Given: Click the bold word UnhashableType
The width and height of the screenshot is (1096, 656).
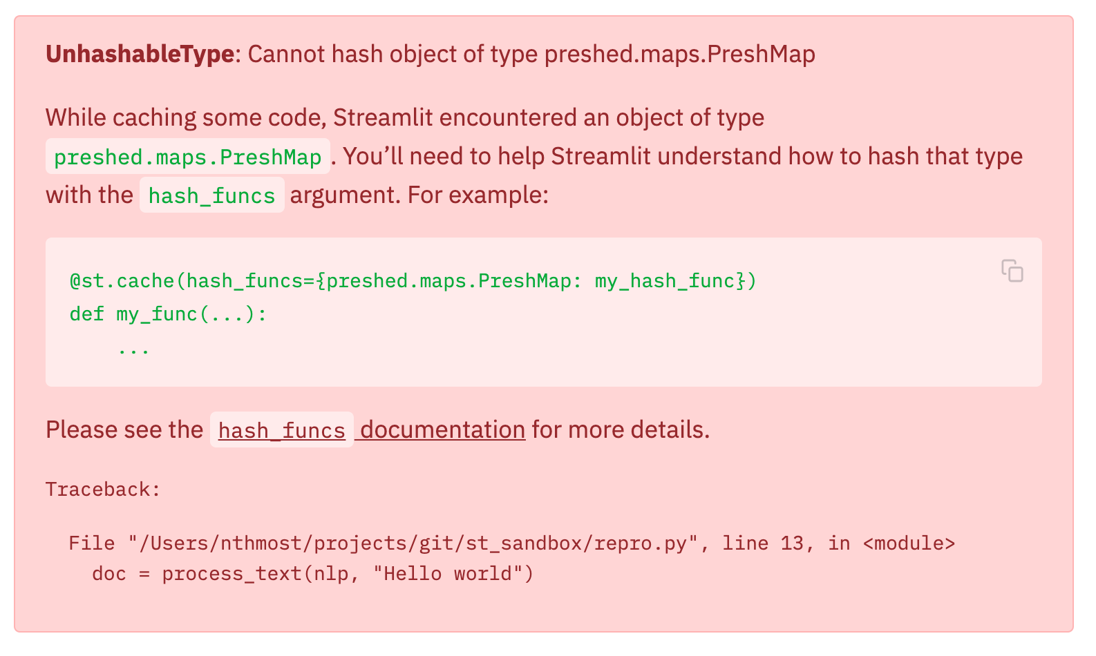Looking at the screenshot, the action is click(x=140, y=54).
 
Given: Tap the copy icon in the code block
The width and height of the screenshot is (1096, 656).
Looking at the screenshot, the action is click(x=1012, y=271).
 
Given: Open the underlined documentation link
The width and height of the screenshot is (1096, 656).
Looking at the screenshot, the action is click(x=442, y=430).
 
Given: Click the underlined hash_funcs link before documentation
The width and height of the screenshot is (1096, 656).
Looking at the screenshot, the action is click(x=281, y=430).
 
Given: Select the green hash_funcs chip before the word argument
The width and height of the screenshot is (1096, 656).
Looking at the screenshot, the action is click(x=211, y=195).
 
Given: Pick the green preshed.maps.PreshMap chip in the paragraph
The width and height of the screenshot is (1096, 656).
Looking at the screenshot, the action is click(x=187, y=157).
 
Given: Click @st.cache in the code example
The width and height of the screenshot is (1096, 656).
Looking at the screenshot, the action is click(x=122, y=281).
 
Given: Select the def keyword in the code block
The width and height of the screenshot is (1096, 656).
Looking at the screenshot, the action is click(x=86, y=314).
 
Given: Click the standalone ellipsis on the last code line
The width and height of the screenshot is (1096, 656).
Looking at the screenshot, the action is click(x=133, y=348).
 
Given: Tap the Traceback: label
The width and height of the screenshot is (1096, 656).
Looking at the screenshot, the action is click(x=103, y=490).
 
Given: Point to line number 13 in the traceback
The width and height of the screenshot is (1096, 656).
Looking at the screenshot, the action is click(x=792, y=543).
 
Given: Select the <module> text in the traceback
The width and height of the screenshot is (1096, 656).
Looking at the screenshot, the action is click(x=909, y=543).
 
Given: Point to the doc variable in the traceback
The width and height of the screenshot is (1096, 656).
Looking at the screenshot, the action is click(x=109, y=574).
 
